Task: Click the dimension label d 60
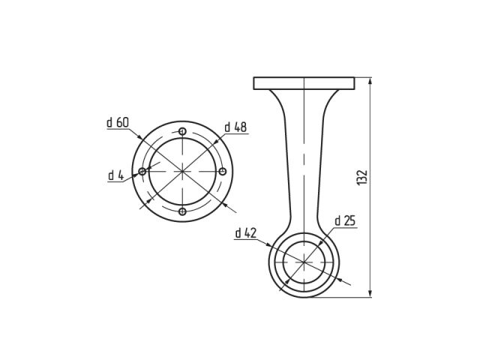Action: click(118, 121)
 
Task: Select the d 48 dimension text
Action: click(235, 127)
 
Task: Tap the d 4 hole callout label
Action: click(115, 175)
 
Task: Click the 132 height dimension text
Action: click(362, 178)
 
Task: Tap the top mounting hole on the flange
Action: click(182, 131)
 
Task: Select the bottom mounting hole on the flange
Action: click(182, 212)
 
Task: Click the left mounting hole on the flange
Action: click(142, 172)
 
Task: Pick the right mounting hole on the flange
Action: click(223, 172)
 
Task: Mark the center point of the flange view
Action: click(182, 172)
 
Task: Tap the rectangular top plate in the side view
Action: click(303, 82)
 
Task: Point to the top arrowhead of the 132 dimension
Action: click(370, 80)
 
